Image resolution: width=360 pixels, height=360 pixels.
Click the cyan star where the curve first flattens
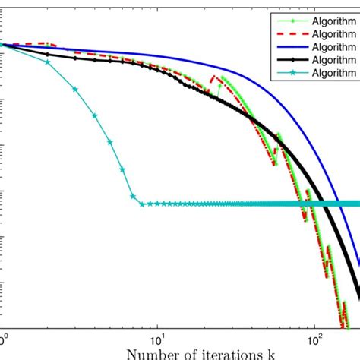pos(141,204)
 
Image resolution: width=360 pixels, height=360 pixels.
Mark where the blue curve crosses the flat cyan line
pos(336,204)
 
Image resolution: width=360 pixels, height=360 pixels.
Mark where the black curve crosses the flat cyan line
pos(318,204)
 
